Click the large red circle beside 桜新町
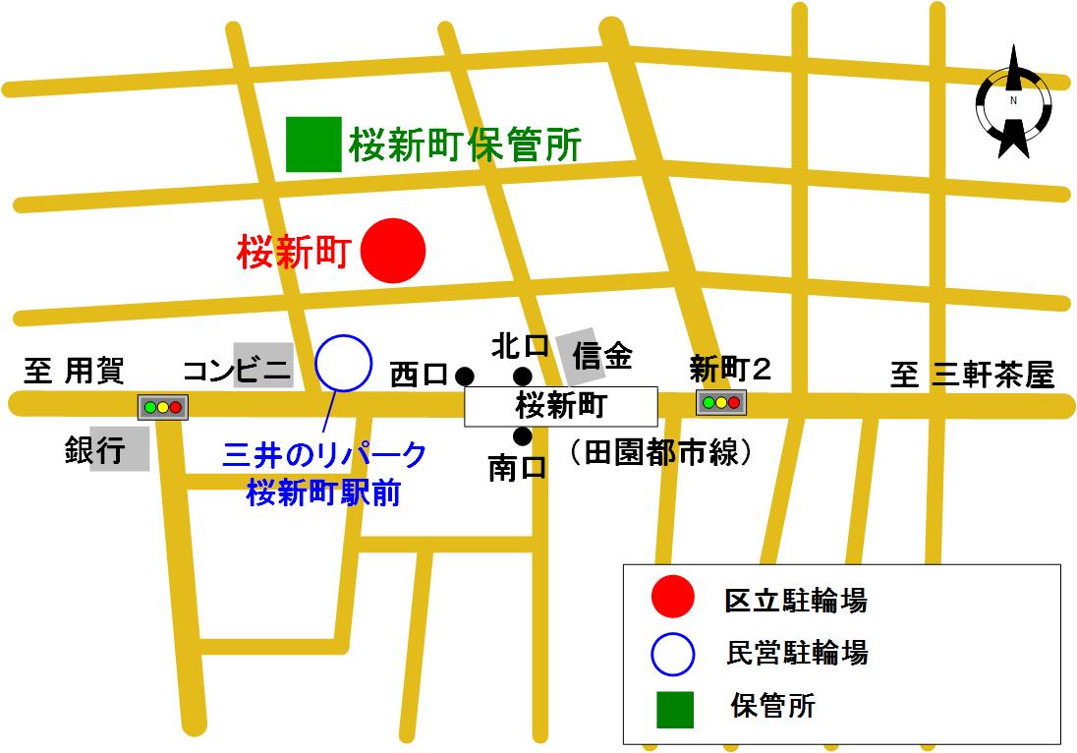click(x=393, y=251)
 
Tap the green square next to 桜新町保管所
click(x=313, y=145)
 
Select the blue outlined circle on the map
click(x=344, y=363)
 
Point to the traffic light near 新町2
click(x=721, y=402)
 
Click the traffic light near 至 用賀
click(x=163, y=406)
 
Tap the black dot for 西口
click(x=465, y=375)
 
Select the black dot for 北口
click(x=523, y=375)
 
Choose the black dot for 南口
click(x=523, y=435)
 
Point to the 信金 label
click(x=601, y=355)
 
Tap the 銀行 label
click(x=95, y=450)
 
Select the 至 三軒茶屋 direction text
click(x=971, y=374)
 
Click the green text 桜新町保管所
click(x=465, y=146)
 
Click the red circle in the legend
click(x=674, y=599)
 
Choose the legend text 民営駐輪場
click(x=796, y=652)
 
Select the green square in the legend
click(x=675, y=709)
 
